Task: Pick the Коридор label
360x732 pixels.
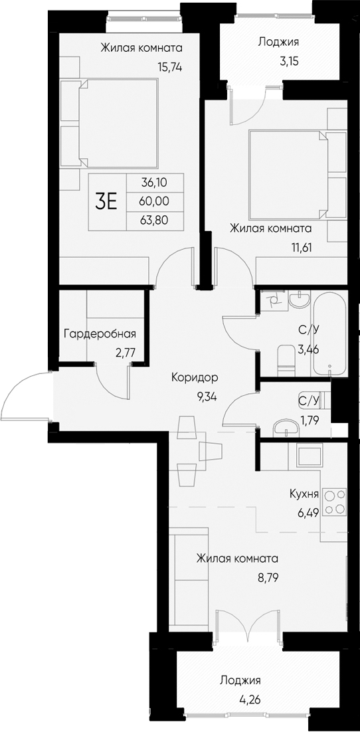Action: [195, 377]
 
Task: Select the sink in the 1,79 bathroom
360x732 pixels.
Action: [287, 426]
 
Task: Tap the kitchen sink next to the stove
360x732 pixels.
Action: [309, 456]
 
